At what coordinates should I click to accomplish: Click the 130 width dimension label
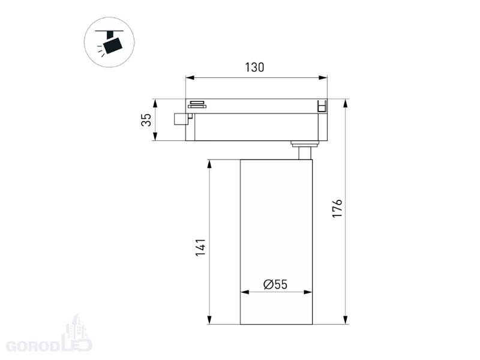pos(254,67)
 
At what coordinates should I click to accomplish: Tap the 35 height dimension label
pos(146,119)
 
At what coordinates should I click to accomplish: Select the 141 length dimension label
pos(200,248)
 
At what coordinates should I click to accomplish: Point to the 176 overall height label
pos(337,208)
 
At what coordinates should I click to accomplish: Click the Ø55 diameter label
pos(275,284)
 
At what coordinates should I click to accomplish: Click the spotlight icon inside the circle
pos(110,42)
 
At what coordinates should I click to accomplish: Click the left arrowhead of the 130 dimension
pos(190,78)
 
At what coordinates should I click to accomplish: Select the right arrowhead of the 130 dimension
pos(323,78)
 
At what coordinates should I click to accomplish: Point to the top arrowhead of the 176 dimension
pos(346,103)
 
